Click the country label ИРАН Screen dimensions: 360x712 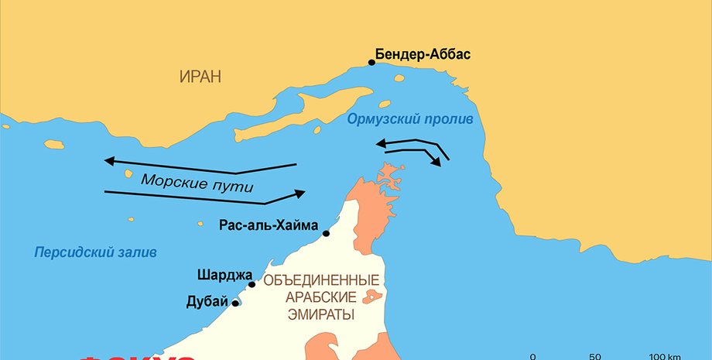click(200, 77)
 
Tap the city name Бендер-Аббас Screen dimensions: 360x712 click(423, 55)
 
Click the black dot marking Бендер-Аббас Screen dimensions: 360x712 click(371, 63)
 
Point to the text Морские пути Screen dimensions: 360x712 click(197, 183)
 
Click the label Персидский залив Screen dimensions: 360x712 click(95, 253)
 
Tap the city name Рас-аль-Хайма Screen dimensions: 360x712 click(269, 226)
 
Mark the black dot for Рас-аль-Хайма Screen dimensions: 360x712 click(326, 233)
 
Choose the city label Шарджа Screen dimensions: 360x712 click(221, 275)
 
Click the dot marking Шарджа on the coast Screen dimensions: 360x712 click(252, 284)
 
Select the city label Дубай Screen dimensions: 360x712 click(207, 301)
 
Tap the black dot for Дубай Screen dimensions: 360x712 click(235, 303)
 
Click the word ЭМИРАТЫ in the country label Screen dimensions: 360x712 click(321, 315)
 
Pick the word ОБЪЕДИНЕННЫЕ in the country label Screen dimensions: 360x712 click(321, 279)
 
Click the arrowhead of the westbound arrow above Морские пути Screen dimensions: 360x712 click(109, 161)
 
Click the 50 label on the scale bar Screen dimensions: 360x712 click(595, 356)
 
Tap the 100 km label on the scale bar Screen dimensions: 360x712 click(665, 356)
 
